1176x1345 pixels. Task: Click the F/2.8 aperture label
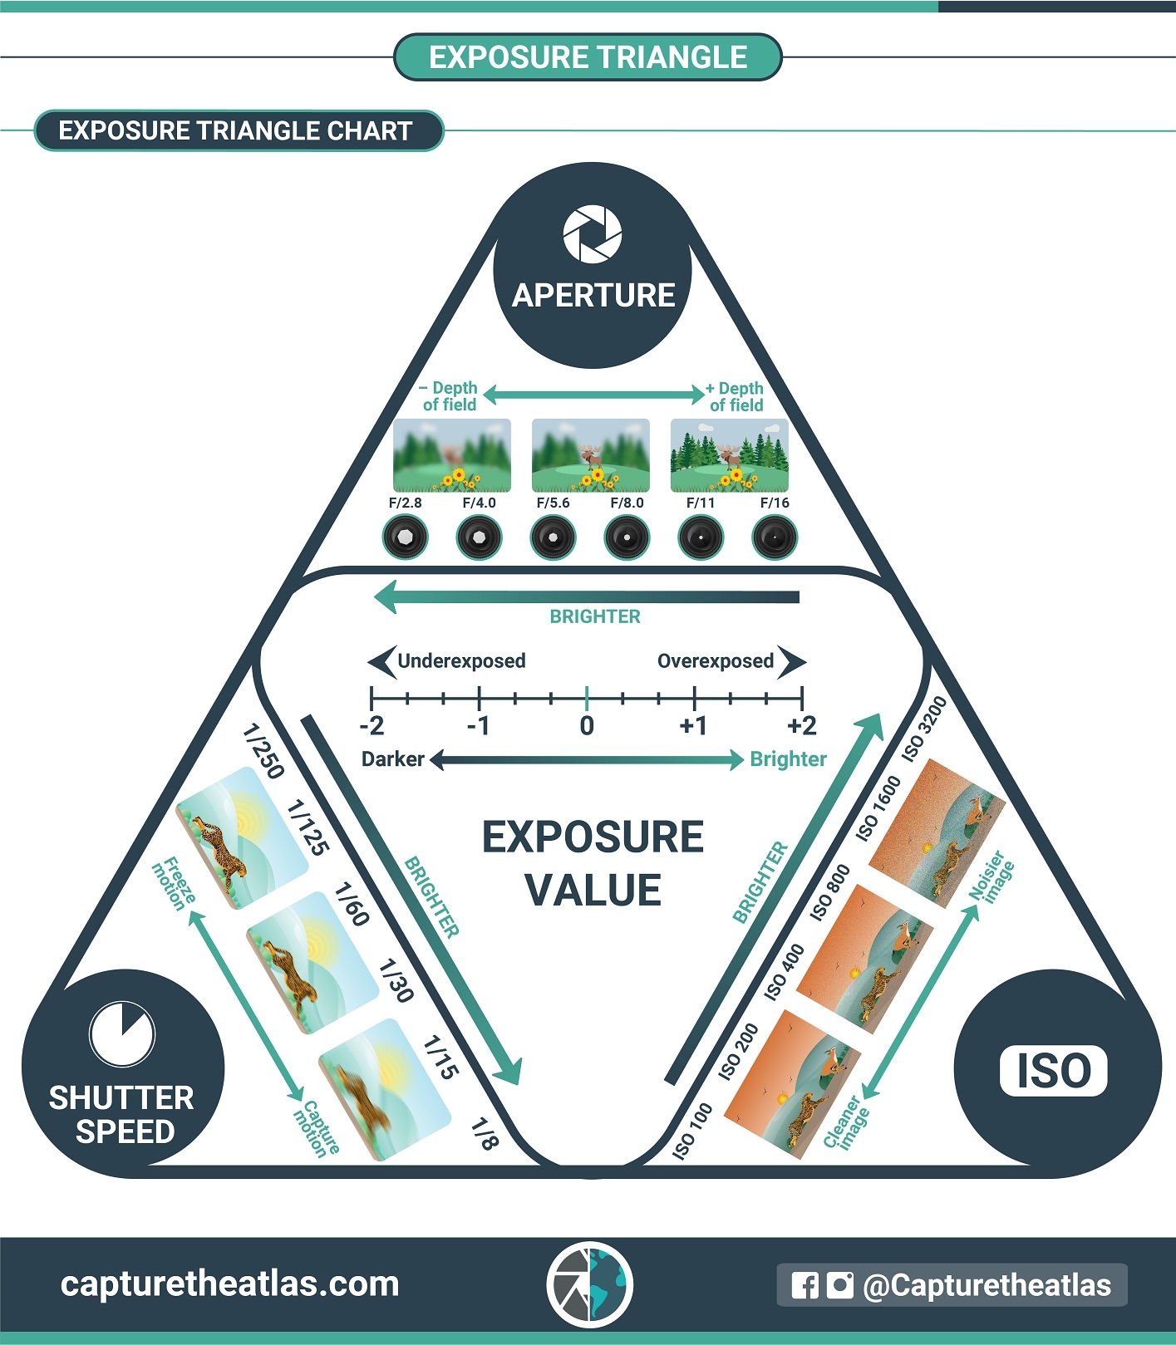[x=405, y=503]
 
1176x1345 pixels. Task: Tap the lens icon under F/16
[x=774, y=538]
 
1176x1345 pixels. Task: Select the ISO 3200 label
[x=925, y=730]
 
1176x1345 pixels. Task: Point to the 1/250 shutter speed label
[x=263, y=751]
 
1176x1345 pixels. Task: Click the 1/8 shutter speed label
[x=484, y=1133]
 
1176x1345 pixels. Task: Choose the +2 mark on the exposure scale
[x=801, y=725]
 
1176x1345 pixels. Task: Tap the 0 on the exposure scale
[x=587, y=725]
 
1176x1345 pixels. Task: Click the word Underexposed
[x=461, y=661]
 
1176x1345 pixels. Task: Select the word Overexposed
[x=715, y=661]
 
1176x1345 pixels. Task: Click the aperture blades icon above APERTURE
[x=592, y=233]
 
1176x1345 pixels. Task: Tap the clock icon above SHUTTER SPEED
[x=121, y=1033]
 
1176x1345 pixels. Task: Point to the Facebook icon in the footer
[x=805, y=1285]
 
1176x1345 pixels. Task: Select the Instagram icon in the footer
[x=839, y=1285]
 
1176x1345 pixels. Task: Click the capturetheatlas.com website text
[x=229, y=1284]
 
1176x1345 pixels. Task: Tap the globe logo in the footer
[x=590, y=1284]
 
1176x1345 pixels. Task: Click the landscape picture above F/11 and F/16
[x=729, y=455]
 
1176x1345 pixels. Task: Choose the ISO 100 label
[x=692, y=1131]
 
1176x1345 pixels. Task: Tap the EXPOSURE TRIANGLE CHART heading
[x=235, y=130]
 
